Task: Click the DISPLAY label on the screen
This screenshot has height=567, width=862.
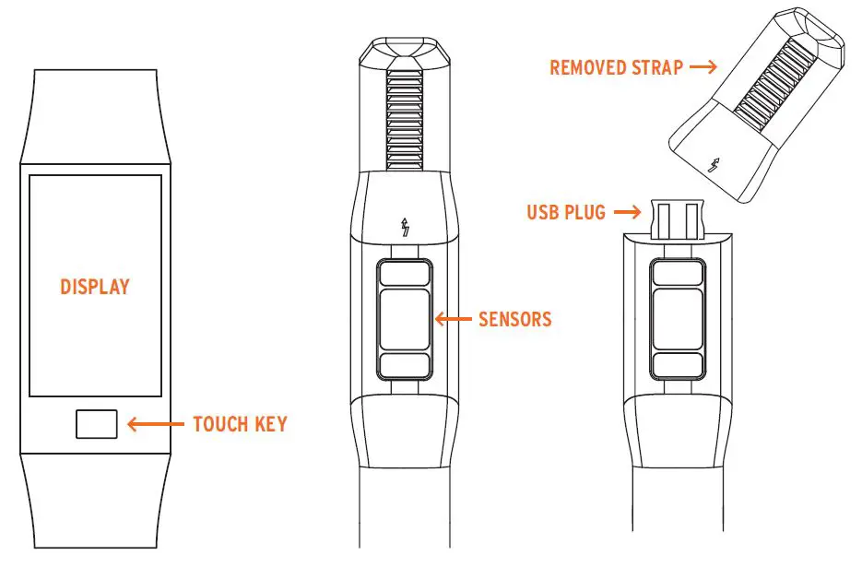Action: (95, 287)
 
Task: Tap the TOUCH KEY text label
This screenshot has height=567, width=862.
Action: (240, 425)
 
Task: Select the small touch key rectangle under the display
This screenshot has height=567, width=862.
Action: (96, 424)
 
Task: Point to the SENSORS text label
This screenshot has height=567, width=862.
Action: (514, 320)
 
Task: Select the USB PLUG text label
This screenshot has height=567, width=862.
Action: (566, 213)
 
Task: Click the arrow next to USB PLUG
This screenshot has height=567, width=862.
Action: (627, 212)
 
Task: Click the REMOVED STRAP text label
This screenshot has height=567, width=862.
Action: (617, 68)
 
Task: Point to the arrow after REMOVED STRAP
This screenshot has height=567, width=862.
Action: (703, 67)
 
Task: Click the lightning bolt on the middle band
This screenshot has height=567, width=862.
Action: (404, 227)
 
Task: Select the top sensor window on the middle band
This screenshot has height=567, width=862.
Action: (404, 273)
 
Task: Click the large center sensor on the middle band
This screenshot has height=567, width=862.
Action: (404, 319)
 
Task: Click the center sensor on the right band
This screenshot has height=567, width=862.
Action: (678, 319)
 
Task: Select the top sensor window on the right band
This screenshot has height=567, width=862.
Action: (678, 273)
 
